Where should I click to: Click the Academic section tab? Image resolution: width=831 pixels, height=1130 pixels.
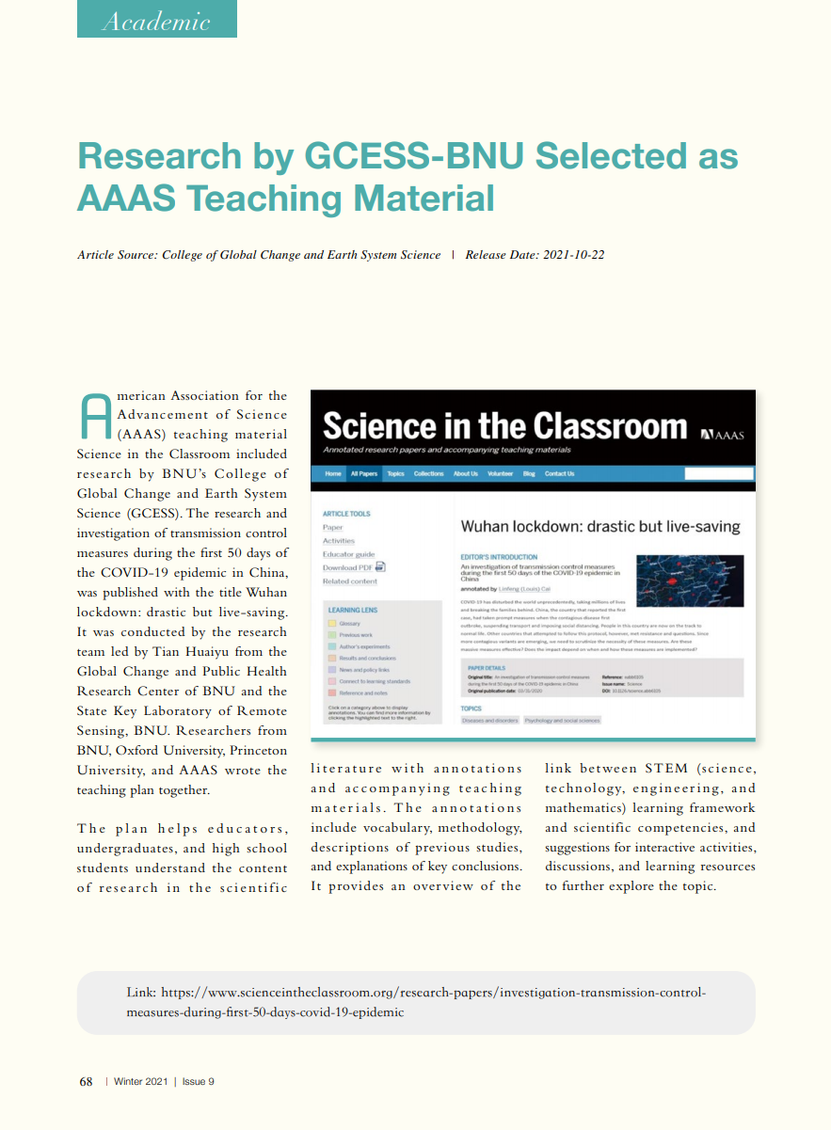click(156, 20)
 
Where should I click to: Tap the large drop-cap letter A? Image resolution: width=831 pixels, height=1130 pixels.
click(95, 417)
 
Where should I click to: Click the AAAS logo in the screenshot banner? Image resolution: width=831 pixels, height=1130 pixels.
click(722, 435)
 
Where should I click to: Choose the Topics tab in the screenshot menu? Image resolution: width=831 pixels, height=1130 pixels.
click(395, 473)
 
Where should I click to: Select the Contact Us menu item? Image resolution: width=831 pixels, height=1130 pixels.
click(559, 473)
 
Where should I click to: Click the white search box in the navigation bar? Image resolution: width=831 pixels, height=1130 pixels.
click(718, 473)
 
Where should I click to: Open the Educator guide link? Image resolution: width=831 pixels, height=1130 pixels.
click(348, 554)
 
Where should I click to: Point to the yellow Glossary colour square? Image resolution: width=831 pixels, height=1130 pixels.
click(331, 624)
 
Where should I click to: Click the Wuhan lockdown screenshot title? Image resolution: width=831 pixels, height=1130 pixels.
click(599, 527)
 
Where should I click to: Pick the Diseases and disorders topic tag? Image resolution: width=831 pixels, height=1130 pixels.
click(489, 720)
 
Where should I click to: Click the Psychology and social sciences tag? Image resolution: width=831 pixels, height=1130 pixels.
click(562, 720)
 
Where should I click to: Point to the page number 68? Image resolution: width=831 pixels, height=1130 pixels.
click(86, 1082)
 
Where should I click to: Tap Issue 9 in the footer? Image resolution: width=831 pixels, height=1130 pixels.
click(199, 1082)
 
